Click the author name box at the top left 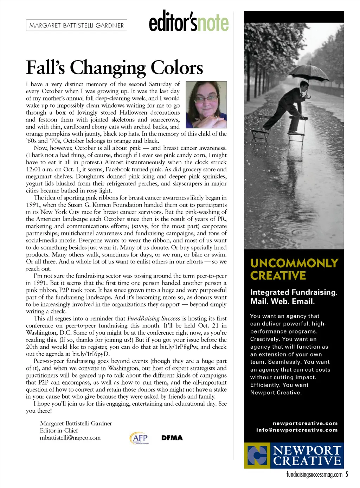pos(76,25)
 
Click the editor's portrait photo pos(206,104)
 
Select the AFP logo pos(139,438)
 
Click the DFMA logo pos(172,438)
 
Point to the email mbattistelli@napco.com pos(70,438)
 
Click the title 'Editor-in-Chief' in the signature pos(59,430)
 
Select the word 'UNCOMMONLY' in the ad pos(294,263)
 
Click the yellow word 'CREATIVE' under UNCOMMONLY pos(278,275)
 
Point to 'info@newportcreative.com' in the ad pos(297,430)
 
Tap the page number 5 pos(347,474)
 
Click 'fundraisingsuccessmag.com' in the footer pos(314,475)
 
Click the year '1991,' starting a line pos(34,205)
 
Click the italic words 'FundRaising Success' pos(154,318)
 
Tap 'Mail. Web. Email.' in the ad pos(282,301)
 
